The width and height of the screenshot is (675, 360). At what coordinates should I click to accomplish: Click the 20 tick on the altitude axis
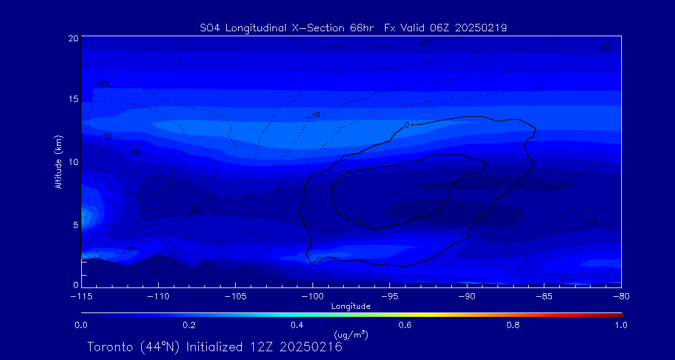73,38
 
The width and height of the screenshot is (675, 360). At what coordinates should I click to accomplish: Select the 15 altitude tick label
73,100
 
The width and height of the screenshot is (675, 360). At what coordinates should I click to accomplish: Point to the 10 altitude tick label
73,162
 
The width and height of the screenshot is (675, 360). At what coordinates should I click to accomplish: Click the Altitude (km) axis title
58,161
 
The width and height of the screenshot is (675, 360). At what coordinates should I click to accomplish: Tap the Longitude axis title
351,306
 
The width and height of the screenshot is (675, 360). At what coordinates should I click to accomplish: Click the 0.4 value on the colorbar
297,325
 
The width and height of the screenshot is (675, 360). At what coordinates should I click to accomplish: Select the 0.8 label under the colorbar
513,325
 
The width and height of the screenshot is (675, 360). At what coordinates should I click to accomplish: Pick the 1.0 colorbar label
621,325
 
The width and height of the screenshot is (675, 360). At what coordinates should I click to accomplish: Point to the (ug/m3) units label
351,335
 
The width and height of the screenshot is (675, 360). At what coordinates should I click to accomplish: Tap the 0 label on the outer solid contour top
406,125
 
